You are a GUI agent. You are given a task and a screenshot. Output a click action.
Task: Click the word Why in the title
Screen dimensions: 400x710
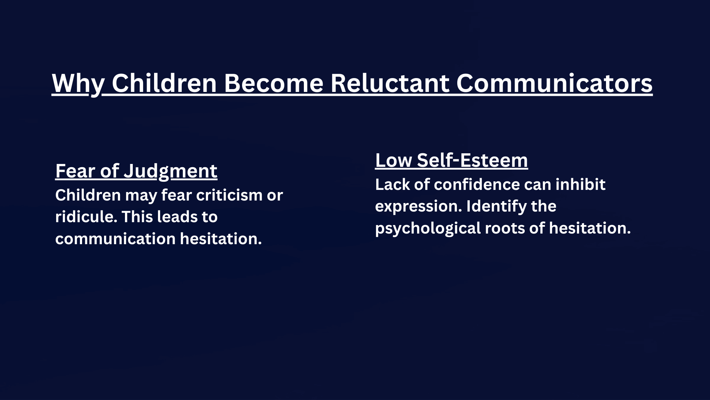tap(78, 83)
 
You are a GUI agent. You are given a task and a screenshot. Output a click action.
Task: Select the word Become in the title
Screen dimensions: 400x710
tap(273, 83)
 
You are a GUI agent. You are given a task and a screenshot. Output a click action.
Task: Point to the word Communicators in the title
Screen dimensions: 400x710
tap(554, 83)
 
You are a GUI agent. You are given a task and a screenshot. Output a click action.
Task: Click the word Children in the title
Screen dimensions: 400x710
tap(164, 83)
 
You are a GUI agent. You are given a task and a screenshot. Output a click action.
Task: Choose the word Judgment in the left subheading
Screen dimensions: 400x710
tap(170, 171)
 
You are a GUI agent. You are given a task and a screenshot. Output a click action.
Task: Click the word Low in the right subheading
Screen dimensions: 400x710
tap(393, 160)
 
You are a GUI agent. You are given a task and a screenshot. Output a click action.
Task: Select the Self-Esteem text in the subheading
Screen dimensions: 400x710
tap(473, 160)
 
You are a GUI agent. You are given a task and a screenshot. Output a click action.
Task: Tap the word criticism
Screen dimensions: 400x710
tap(229, 195)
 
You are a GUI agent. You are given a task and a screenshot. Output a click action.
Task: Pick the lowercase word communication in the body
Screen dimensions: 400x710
tap(115, 239)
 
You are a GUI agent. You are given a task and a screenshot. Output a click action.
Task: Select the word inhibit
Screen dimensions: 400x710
tap(580, 185)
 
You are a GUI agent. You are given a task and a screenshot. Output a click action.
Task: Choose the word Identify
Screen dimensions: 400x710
tap(496, 207)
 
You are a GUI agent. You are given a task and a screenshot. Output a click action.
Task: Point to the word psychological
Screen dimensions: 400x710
tap(428, 228)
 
